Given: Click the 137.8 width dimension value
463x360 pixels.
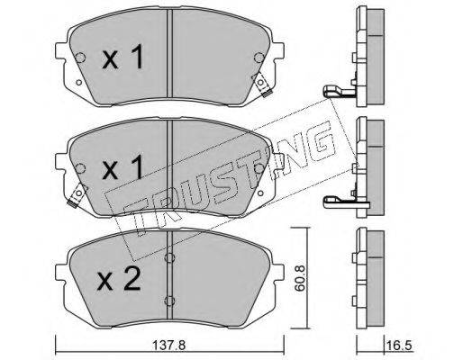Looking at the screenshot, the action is click(x=169, y=346).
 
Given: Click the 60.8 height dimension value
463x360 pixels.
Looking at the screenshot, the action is click(x=300, y=277).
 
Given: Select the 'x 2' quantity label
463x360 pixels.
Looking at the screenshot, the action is click(x=119, y=279).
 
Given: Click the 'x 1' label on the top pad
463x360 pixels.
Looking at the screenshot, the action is click(x=123, y=57).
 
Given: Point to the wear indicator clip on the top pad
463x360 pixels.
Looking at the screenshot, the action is click(x=262, y=85).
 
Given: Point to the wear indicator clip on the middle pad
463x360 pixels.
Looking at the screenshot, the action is click(x=77, y=195).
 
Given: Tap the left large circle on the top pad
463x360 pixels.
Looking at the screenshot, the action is click(x=80, y=58).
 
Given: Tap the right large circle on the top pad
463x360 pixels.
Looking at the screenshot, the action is click(x=259, y=58).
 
